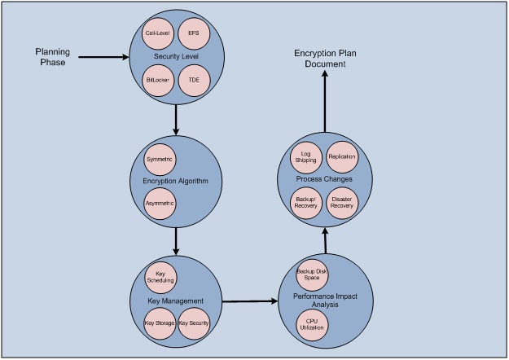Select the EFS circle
click(x=194, y=33)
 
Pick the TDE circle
click(x=194, y=81)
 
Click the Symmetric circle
click(x=160, y=158)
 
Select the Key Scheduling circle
click(x=160, y=276)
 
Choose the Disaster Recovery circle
click(x=343, y=202)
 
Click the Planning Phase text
click(x=52, y=57)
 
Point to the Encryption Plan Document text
click(x=325, y=59)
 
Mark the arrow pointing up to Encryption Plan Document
click(x=325, y=102)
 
